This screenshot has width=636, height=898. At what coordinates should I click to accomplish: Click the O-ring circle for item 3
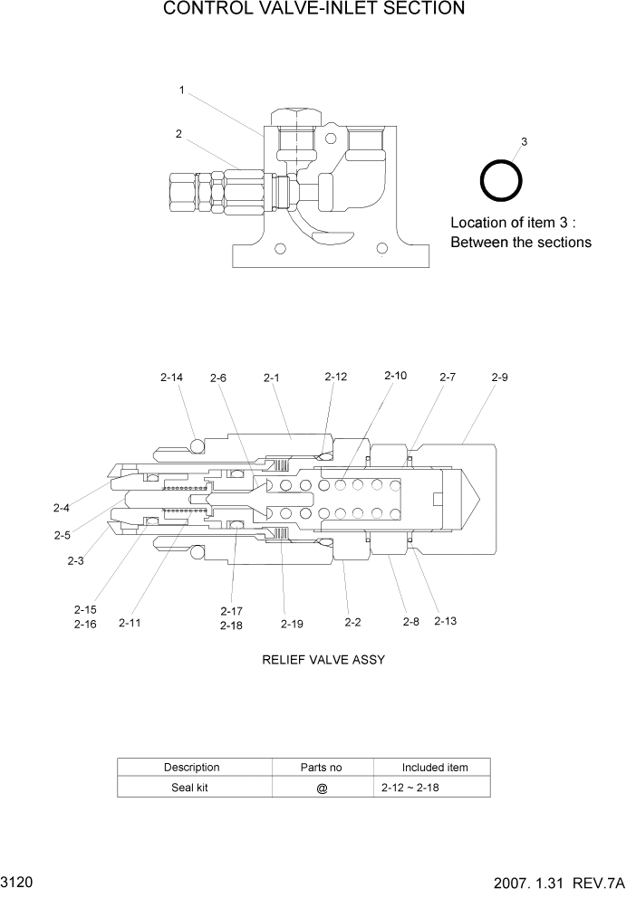tap(500, 180)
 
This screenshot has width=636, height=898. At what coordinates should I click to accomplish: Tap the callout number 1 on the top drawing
tap(182, 90)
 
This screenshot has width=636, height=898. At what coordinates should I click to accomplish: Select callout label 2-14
tap(170, 377)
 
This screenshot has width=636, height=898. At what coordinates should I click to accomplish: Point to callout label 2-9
tap(499, 377)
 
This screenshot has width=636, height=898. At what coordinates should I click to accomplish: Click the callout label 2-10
tap(396, 375)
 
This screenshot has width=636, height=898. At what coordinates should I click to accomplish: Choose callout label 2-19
tap(292, 623)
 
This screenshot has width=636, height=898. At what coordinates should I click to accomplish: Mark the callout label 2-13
tap(446, 621)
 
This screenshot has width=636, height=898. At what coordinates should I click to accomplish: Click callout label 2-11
tap(130, 623)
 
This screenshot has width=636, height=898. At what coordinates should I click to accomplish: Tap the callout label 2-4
tap(62, 508)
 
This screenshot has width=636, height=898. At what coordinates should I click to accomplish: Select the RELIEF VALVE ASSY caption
tap(323, 660)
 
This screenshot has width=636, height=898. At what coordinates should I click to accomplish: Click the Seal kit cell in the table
tap(190, 788)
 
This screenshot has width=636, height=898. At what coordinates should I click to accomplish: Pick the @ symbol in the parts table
tap(322, 788)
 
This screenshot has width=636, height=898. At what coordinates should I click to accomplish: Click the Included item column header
tap(435, 768)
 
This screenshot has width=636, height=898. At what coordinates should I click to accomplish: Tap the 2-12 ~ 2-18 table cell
tap(411, 788)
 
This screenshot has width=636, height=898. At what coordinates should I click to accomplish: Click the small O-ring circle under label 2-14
tap(196, 444)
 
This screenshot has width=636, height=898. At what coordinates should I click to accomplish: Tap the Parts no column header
tap(321, 768)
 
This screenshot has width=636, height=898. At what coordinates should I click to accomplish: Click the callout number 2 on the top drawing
tap(179, 134)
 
